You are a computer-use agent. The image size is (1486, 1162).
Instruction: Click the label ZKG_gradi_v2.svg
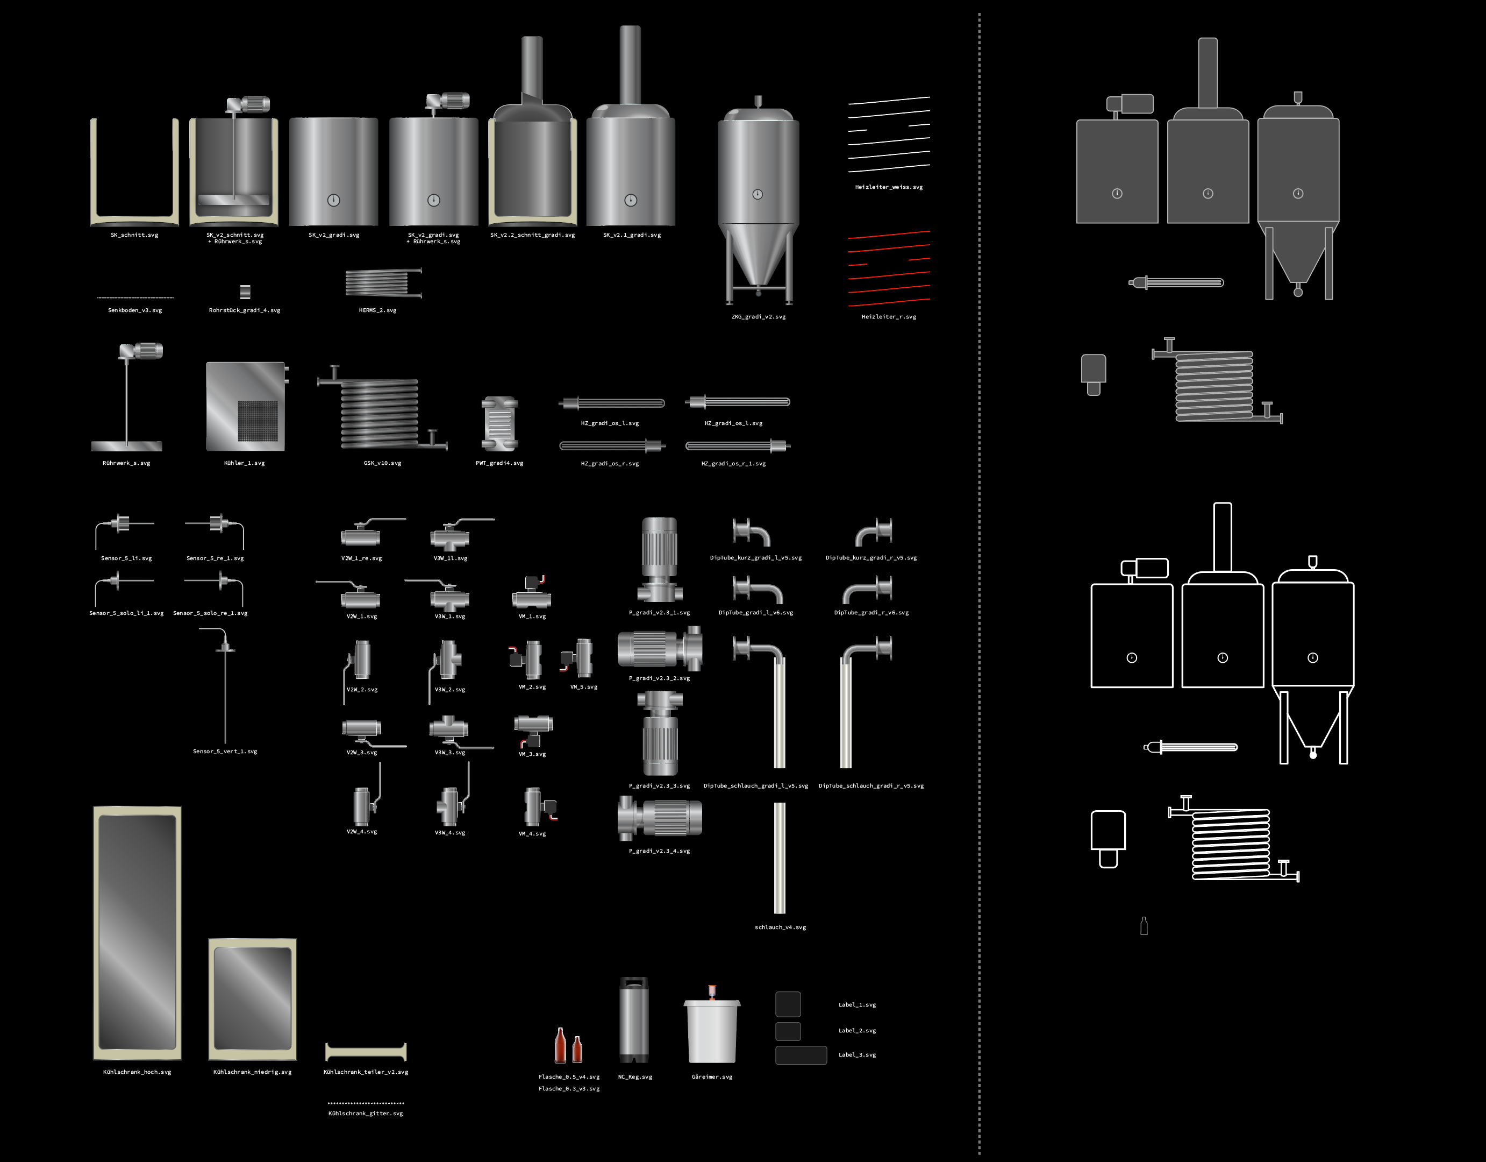click(x=758, y=316)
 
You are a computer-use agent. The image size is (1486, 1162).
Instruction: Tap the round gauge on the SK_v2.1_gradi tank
click(x=631, y=200)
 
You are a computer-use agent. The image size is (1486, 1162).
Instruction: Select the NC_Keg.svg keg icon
click(x=633, y=1020)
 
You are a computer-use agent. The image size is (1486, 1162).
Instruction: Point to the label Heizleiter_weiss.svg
click(x=889, y=187)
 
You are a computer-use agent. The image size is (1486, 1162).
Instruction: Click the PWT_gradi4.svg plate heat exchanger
click(x=499, y=424)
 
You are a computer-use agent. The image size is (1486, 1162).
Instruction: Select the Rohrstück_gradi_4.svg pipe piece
click(x=246, y=292)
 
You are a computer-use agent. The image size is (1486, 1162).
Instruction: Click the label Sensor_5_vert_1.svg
click(x=225, y=752)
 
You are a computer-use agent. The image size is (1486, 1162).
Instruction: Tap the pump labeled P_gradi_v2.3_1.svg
click(x=659, y=559)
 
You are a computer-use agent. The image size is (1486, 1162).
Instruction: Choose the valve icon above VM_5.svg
click(x=577, y=657)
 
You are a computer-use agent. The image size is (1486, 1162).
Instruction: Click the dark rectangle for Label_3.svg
click(x=801, y=1055)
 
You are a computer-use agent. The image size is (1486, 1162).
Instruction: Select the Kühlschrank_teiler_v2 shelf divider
click(x=366, y=1052)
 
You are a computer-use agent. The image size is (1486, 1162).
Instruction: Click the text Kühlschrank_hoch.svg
click(x=137, y=1072)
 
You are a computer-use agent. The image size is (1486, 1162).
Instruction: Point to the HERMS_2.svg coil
click(x=383, y=282)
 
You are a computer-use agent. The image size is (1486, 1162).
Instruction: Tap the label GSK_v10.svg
click(x=382, y=463)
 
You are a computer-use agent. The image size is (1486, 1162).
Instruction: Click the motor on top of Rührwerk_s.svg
click(x=141, y=351)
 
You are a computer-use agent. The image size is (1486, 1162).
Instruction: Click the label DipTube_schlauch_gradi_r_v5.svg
click(x=871, y=785)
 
